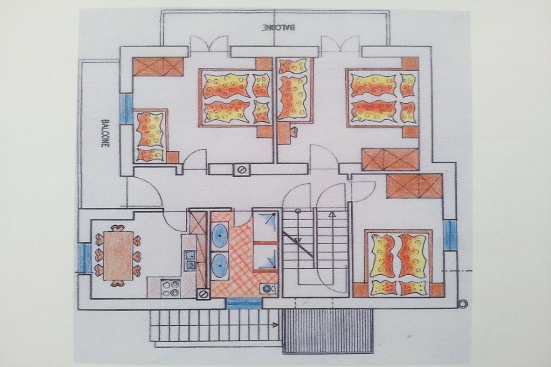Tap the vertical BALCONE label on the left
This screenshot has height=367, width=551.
click(105, 133)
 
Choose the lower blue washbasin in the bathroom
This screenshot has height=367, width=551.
click(220, 265)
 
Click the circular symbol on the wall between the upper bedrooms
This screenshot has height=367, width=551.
click(241, 170)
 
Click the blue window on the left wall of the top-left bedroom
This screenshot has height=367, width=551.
click(126, 109)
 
